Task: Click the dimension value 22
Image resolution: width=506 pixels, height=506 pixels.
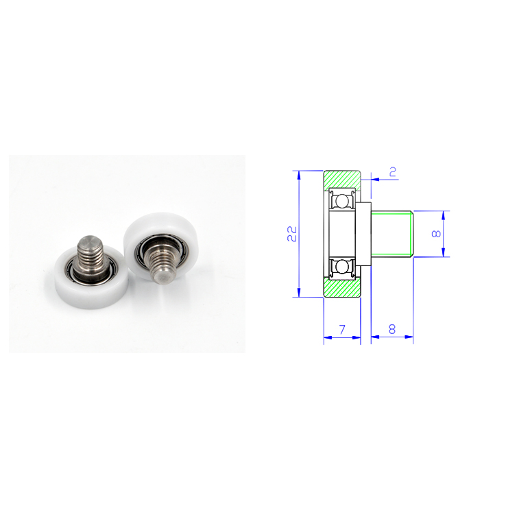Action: [291, 234]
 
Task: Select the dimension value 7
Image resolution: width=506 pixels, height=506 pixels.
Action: [342, 329]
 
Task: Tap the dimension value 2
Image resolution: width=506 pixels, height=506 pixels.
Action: [393, 171]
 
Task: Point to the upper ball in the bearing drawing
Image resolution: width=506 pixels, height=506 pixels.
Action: [341, 201]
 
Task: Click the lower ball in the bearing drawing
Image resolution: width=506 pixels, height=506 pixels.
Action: [341, 267]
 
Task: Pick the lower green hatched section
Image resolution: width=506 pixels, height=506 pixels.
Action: [342, 287]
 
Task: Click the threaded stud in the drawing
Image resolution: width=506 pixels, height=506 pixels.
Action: [392, 234]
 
